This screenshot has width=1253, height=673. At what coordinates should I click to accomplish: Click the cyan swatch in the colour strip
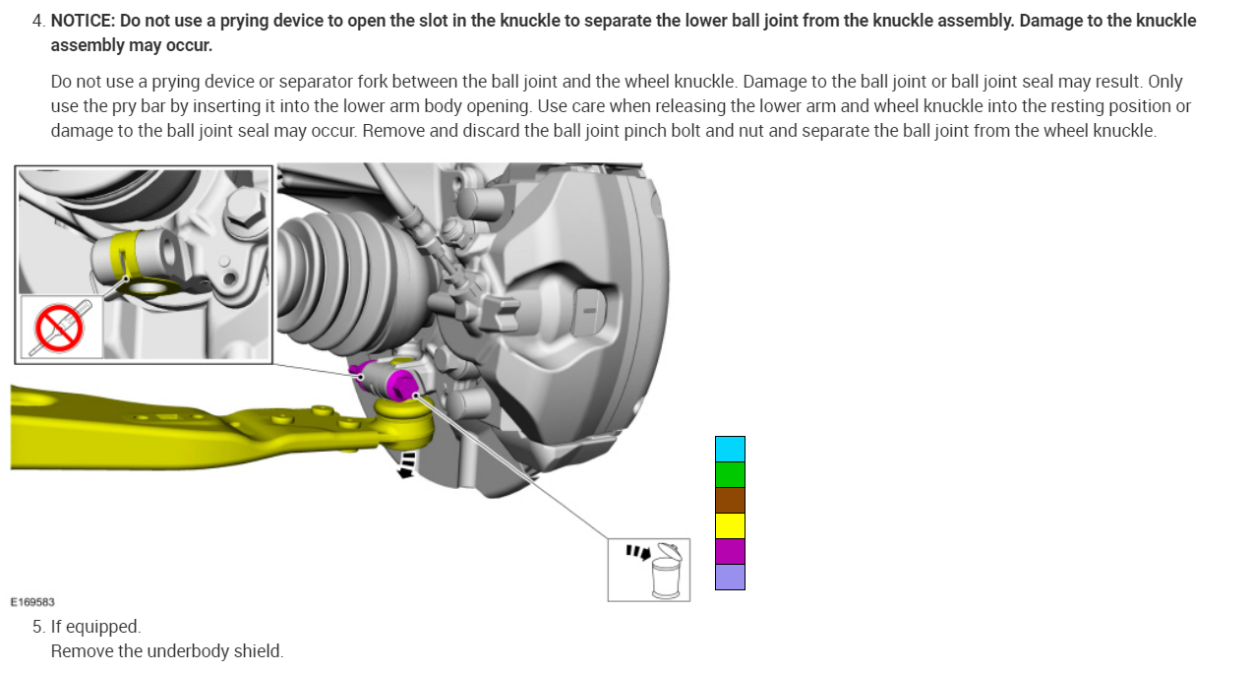(730, 450)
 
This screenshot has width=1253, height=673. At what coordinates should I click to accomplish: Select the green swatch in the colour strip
(730, 474)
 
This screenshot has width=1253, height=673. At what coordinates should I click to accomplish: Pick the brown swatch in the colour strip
(730, 500)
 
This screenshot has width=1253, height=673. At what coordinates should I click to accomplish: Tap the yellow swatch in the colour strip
(730, 525)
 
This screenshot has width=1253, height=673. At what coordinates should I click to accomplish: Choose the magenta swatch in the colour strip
(730, 551)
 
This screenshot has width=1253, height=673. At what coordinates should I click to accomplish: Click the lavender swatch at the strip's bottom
(730, 577)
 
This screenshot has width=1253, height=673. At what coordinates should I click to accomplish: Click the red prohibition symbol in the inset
(59, 328)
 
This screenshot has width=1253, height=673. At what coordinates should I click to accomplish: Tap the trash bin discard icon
(666, 571)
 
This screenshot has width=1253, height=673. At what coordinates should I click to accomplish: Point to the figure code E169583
(32, 602)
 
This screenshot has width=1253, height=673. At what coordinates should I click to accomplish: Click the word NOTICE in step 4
(83, 21)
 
